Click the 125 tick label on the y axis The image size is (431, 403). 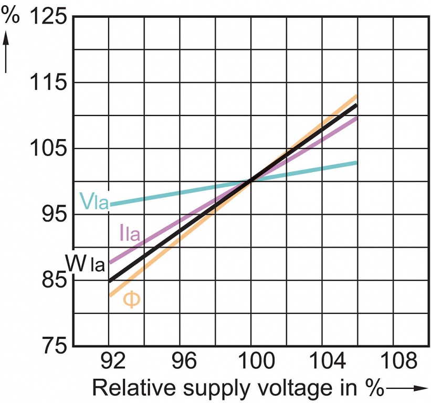point(48,17)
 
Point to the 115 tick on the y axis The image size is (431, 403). point(48,83)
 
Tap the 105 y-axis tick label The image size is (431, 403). point(48,149)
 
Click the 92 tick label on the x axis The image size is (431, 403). point(109,362)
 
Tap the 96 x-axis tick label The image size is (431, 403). point(180,362)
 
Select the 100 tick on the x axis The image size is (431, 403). point(250,362)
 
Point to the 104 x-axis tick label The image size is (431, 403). point(322,362)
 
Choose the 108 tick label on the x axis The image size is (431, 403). point(393,362)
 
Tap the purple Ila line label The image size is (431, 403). point(130,233)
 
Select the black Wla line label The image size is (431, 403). point(85,263)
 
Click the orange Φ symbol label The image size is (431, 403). point(132,300)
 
